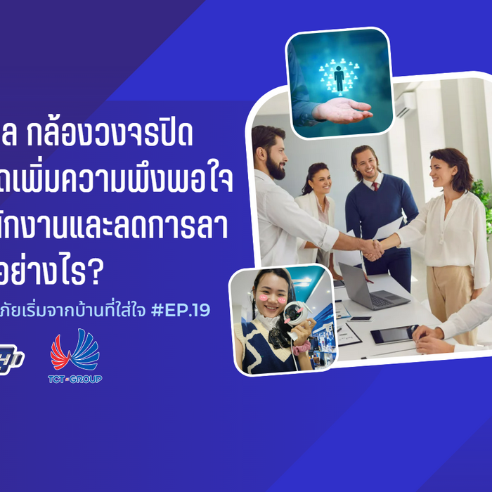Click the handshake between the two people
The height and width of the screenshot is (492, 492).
click(372, 247)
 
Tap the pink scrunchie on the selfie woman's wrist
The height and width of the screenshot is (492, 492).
click(302, 348)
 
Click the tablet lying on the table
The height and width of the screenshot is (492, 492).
click(394, 335)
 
